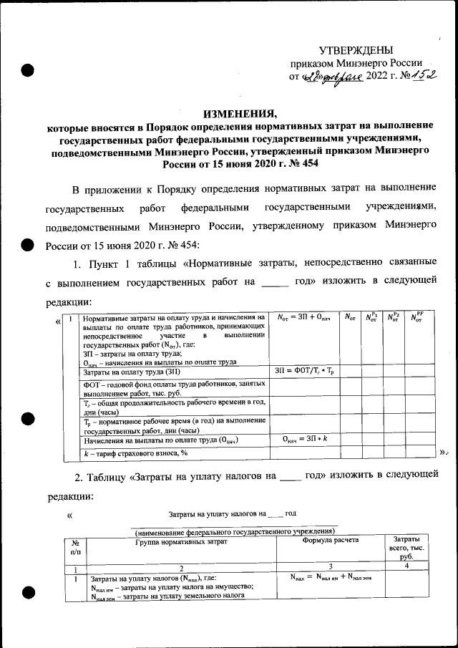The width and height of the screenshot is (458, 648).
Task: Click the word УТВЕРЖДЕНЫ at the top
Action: point(356,49)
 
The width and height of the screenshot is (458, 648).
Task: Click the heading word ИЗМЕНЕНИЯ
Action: point(239,114)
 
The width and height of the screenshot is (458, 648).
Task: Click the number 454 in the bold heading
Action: point(306,163)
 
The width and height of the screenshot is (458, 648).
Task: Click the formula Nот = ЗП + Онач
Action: point(303,317)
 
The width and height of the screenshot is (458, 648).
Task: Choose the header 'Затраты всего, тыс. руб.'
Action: point(406,548)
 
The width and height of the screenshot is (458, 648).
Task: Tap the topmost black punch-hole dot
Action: point(28,70)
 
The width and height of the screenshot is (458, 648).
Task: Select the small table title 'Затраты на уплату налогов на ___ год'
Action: point(232,513)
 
